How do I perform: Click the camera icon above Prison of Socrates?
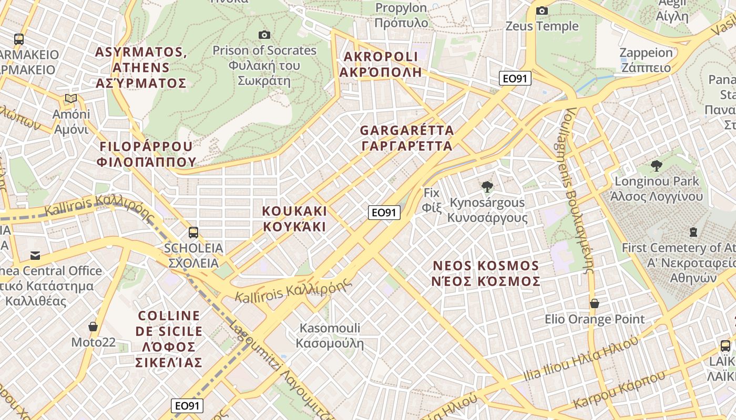[x=264, y=35]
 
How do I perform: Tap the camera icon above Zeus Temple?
[x=542, y=11]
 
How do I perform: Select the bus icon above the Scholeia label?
[x=193, y=233]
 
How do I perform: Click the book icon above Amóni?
[x=71, y=99]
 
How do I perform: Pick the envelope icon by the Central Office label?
[x=35, y=256]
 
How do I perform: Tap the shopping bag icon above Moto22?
[x=93, y=327]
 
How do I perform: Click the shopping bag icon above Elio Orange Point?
[x=595, y=303]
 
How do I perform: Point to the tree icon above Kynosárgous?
[x=487, y=186]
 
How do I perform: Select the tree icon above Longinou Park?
[x=656, y=166]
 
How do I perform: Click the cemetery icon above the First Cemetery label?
[x=693, y=232]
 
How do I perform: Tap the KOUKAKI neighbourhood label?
[x=294, y=219]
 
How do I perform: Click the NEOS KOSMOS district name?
[x=486, y=274]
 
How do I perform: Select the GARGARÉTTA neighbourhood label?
[x=407, y=138]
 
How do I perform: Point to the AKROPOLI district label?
[x=381, y=64]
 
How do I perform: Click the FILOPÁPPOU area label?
[x=146, y=154]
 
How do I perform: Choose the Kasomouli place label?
[x=330, y=336]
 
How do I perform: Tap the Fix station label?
[x=431, y=200]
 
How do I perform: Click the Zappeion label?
[x=646, y=60]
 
